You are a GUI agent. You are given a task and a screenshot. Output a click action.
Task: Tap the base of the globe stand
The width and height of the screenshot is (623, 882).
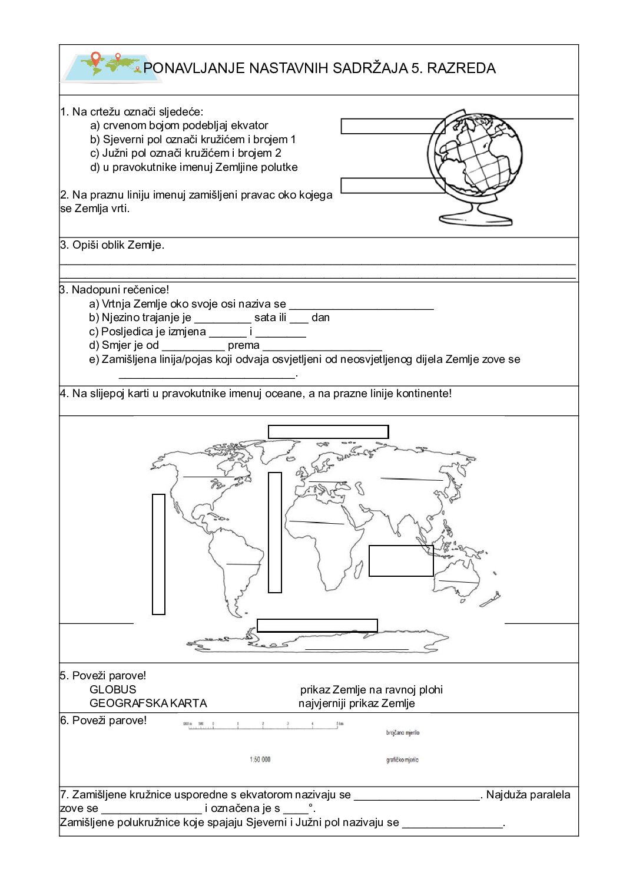475,219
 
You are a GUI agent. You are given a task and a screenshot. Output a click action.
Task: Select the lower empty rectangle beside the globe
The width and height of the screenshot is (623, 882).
393,186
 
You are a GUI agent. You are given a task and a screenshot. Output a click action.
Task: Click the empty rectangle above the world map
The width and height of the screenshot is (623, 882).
328,432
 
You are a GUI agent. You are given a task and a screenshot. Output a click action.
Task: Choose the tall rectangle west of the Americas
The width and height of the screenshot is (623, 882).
158,554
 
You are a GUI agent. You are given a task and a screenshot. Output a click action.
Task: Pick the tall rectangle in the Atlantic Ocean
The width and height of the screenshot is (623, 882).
274,532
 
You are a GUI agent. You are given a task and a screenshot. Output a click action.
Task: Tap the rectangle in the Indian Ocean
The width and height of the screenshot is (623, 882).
401,561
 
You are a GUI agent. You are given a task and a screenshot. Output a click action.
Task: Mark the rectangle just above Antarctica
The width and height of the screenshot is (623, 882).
317,625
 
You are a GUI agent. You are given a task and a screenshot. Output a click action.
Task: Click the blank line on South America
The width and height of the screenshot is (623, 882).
243,564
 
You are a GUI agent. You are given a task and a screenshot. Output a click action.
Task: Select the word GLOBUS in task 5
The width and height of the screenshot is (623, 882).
112,689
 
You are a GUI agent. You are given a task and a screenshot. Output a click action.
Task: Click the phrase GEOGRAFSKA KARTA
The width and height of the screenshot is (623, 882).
148,703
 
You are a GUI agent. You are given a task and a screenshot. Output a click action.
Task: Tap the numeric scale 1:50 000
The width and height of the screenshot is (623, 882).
260,759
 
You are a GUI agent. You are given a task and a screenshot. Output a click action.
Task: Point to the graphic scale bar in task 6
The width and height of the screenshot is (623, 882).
263,725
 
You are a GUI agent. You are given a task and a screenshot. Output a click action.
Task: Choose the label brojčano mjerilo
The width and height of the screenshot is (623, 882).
403,733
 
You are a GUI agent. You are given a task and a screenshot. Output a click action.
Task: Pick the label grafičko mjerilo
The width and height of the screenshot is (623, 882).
402,760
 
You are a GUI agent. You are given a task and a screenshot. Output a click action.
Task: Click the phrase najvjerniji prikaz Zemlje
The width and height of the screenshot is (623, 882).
356,703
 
